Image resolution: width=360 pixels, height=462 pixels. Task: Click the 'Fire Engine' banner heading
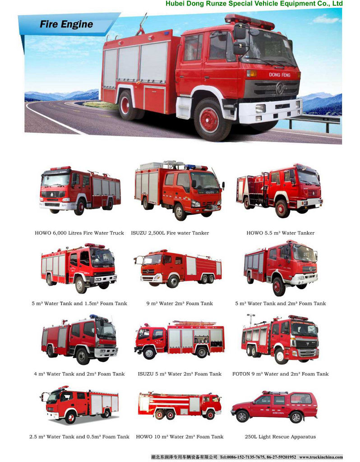[66, 24]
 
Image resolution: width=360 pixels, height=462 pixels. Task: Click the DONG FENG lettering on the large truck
[280, 75]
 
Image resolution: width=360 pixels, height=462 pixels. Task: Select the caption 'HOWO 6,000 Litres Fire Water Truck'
[79, 233]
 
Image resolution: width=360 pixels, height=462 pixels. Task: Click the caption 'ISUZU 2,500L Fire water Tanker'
[170, 233]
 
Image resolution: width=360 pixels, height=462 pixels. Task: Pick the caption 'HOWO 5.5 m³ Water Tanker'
[281, 233]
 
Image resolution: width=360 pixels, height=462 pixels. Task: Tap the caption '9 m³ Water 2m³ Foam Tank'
[180, 304]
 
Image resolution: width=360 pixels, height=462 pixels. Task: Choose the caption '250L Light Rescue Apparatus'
[280, 437]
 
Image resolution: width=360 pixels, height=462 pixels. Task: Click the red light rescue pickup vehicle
[275, 407]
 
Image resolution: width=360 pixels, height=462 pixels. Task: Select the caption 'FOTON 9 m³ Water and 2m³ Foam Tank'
[281, 374]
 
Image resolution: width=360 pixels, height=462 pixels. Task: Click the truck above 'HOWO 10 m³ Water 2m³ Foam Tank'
[180, 406]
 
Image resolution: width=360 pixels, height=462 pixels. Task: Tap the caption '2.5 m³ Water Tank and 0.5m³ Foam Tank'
[79, 437]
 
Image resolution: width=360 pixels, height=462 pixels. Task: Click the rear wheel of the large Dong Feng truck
[128, 105]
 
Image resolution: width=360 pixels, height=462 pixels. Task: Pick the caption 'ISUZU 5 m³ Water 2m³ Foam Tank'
[180, 374]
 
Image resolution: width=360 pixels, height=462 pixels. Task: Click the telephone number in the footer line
[258, 457]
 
